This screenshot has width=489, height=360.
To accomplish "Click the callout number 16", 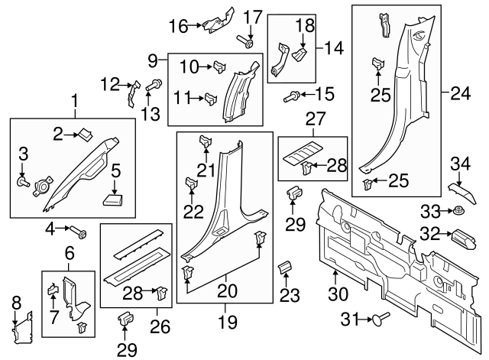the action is click(179, 26).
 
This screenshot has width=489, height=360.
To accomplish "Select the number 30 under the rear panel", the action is click(338, 294).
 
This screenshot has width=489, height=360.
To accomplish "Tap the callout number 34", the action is click(460, 164).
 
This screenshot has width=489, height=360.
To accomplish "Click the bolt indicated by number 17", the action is click(246, 42).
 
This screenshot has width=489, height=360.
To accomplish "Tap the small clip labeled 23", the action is click(285, 267).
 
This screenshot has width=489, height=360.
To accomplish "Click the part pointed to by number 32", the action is click(464, 239).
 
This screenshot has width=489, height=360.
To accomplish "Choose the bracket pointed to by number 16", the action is click(219, 21).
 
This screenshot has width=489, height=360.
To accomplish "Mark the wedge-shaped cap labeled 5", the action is click(113, 199).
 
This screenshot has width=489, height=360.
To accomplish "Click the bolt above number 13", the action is click(154, 85).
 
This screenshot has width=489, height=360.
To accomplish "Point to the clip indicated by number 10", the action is click(219, 66).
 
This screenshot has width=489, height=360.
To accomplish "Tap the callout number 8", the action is click(16, 303).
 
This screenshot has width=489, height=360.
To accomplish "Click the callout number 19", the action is click(228, 322).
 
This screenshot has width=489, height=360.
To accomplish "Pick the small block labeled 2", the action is click(85, 134).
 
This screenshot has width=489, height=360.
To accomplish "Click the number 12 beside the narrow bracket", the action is click(110, 84).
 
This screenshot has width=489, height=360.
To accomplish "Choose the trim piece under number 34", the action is click(463, 193).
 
